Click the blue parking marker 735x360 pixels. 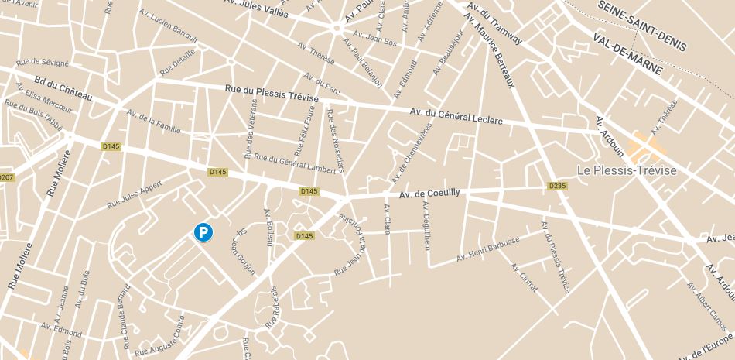[x=203, y=231]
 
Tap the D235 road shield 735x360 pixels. [x=557, y=186]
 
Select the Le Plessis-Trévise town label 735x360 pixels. [x=627, y=170]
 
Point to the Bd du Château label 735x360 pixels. [x=63, y=90]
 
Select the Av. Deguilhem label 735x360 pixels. [x=426, y=225]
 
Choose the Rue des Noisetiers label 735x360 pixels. [x=336, y=140]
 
